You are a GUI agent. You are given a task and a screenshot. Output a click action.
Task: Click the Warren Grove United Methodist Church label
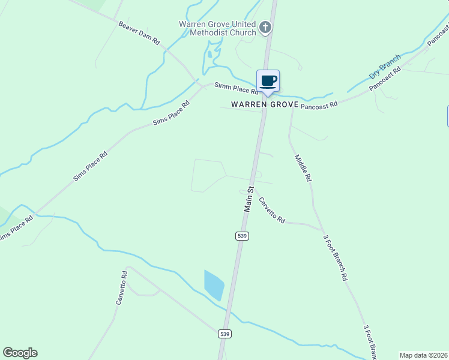click(x=217, y=28)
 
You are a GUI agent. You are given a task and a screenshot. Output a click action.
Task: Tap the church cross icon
click(x=265, y=27)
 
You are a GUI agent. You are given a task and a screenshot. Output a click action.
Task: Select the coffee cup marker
click(x=268, y=82)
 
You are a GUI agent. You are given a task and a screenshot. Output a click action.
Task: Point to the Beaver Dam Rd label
click(x=139, y=34)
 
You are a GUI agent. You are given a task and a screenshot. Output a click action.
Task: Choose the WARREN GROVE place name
click(x=265, y=104)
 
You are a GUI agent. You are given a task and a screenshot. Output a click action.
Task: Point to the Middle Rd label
click(x=303, y=168)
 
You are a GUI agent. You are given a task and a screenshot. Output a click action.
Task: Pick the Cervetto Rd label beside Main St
click(x=271, y=210)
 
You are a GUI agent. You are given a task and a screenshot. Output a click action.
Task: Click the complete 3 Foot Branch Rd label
click(x=335, y=258)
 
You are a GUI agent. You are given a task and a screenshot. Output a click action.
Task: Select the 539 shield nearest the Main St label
click(x=242, y=236)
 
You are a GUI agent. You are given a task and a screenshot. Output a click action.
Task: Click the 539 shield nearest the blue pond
click(x=224, y=334)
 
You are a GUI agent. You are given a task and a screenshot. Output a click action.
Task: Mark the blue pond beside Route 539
click(x=214, y=285)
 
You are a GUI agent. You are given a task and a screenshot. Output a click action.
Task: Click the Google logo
click(x=20, y=353)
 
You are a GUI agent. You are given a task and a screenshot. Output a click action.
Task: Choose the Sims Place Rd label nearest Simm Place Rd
click(x=171, y=112)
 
